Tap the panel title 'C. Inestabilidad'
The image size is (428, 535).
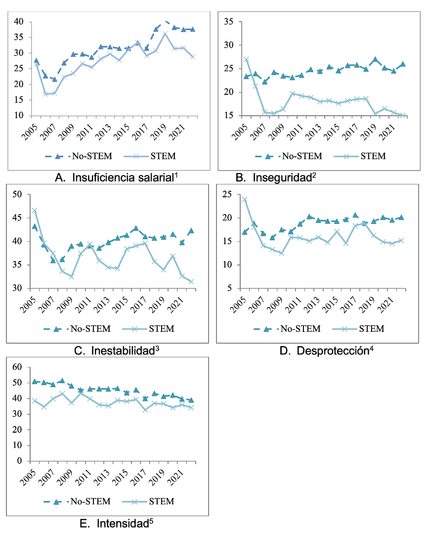click(x=122, y=351)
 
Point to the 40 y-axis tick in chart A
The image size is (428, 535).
click(x=19, y=22)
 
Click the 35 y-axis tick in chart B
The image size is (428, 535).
click(x=228, y=21)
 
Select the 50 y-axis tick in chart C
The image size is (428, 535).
click(x=18, y=194)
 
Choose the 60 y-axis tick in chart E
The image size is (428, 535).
click(x=18, y=367)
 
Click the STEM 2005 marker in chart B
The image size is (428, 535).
click(x=246, y=59)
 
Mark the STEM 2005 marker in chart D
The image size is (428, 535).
click(x=245, y=200)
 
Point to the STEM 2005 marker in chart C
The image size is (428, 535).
click(x=35, y=211)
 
